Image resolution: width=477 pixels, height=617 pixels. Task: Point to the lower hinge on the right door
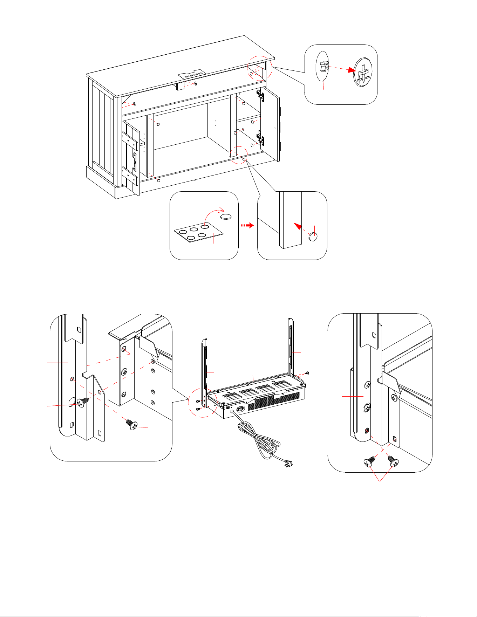pos(260,138)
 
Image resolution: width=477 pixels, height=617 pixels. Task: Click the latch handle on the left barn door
pos(134,161)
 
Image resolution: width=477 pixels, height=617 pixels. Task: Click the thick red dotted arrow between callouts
pos(247,226)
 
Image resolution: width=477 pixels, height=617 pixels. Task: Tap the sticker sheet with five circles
pos(198,232)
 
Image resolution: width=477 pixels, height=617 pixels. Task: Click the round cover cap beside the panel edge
pos(313,237)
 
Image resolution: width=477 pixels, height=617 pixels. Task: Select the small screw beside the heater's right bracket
pos(307,373)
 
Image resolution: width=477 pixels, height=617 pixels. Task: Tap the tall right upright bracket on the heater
pos(291,347)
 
